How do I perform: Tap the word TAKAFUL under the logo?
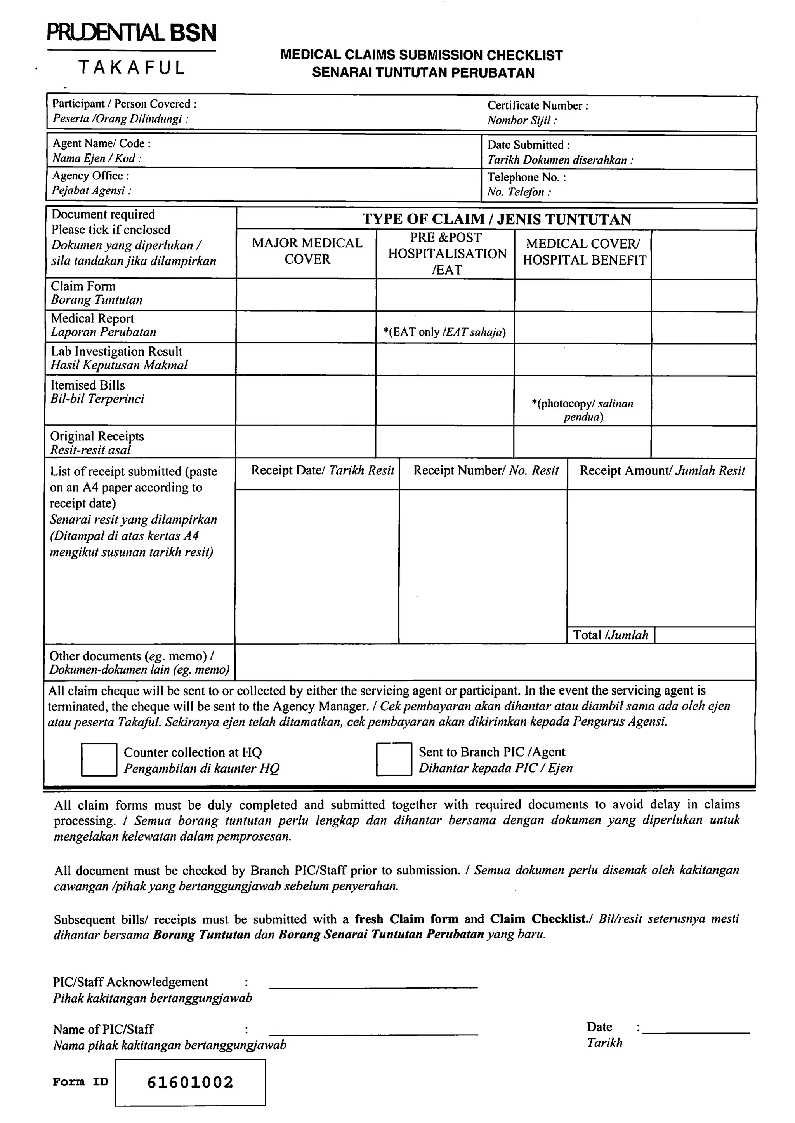(x=132, y=68)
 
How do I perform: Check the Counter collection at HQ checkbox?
(x=99, y=759)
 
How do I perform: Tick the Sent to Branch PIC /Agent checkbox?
(x=394, y=759)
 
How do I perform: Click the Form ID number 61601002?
(x=191, y=1082)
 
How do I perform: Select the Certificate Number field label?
(x=538, y=106)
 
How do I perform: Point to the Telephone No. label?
(x=526, y=177)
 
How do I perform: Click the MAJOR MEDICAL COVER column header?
(x=307, y=251)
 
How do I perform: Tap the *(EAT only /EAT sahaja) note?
(x=444, y=332)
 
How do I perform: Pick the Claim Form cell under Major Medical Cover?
(x=306, y=295)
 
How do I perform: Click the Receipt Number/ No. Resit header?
(x=485, y=471)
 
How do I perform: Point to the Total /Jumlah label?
(x=611, y=635)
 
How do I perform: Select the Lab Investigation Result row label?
(x=116, y=352)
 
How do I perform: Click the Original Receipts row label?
(x=97, y=436)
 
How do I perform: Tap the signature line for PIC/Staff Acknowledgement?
(x=373, y=986)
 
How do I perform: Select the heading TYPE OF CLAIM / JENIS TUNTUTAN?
(x=496, y=219)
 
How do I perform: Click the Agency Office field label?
(x=90, y=176)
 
